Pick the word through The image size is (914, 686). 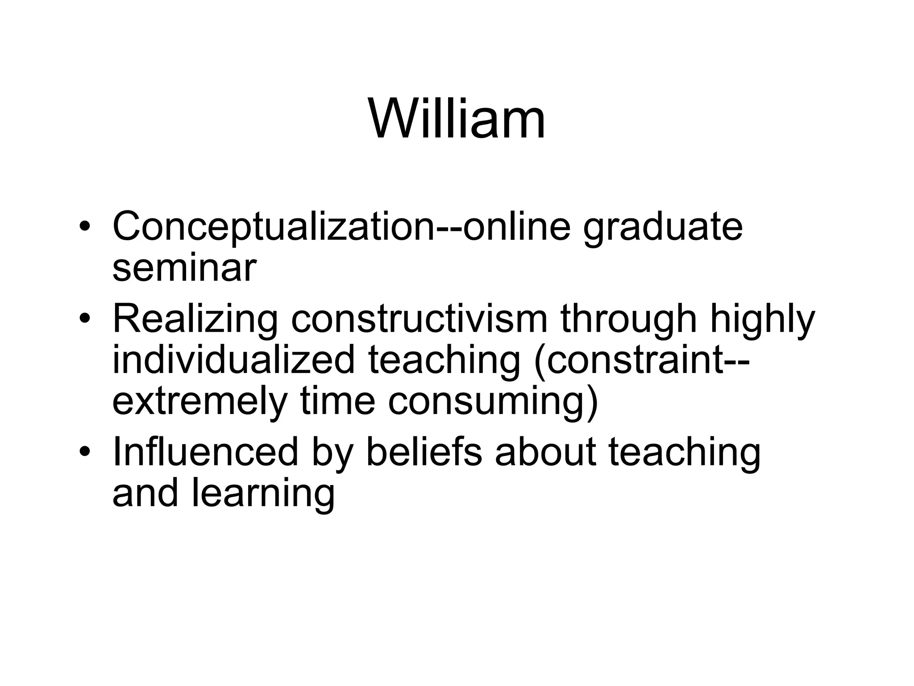pos(628,321)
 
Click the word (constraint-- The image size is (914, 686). pos(642,362)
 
